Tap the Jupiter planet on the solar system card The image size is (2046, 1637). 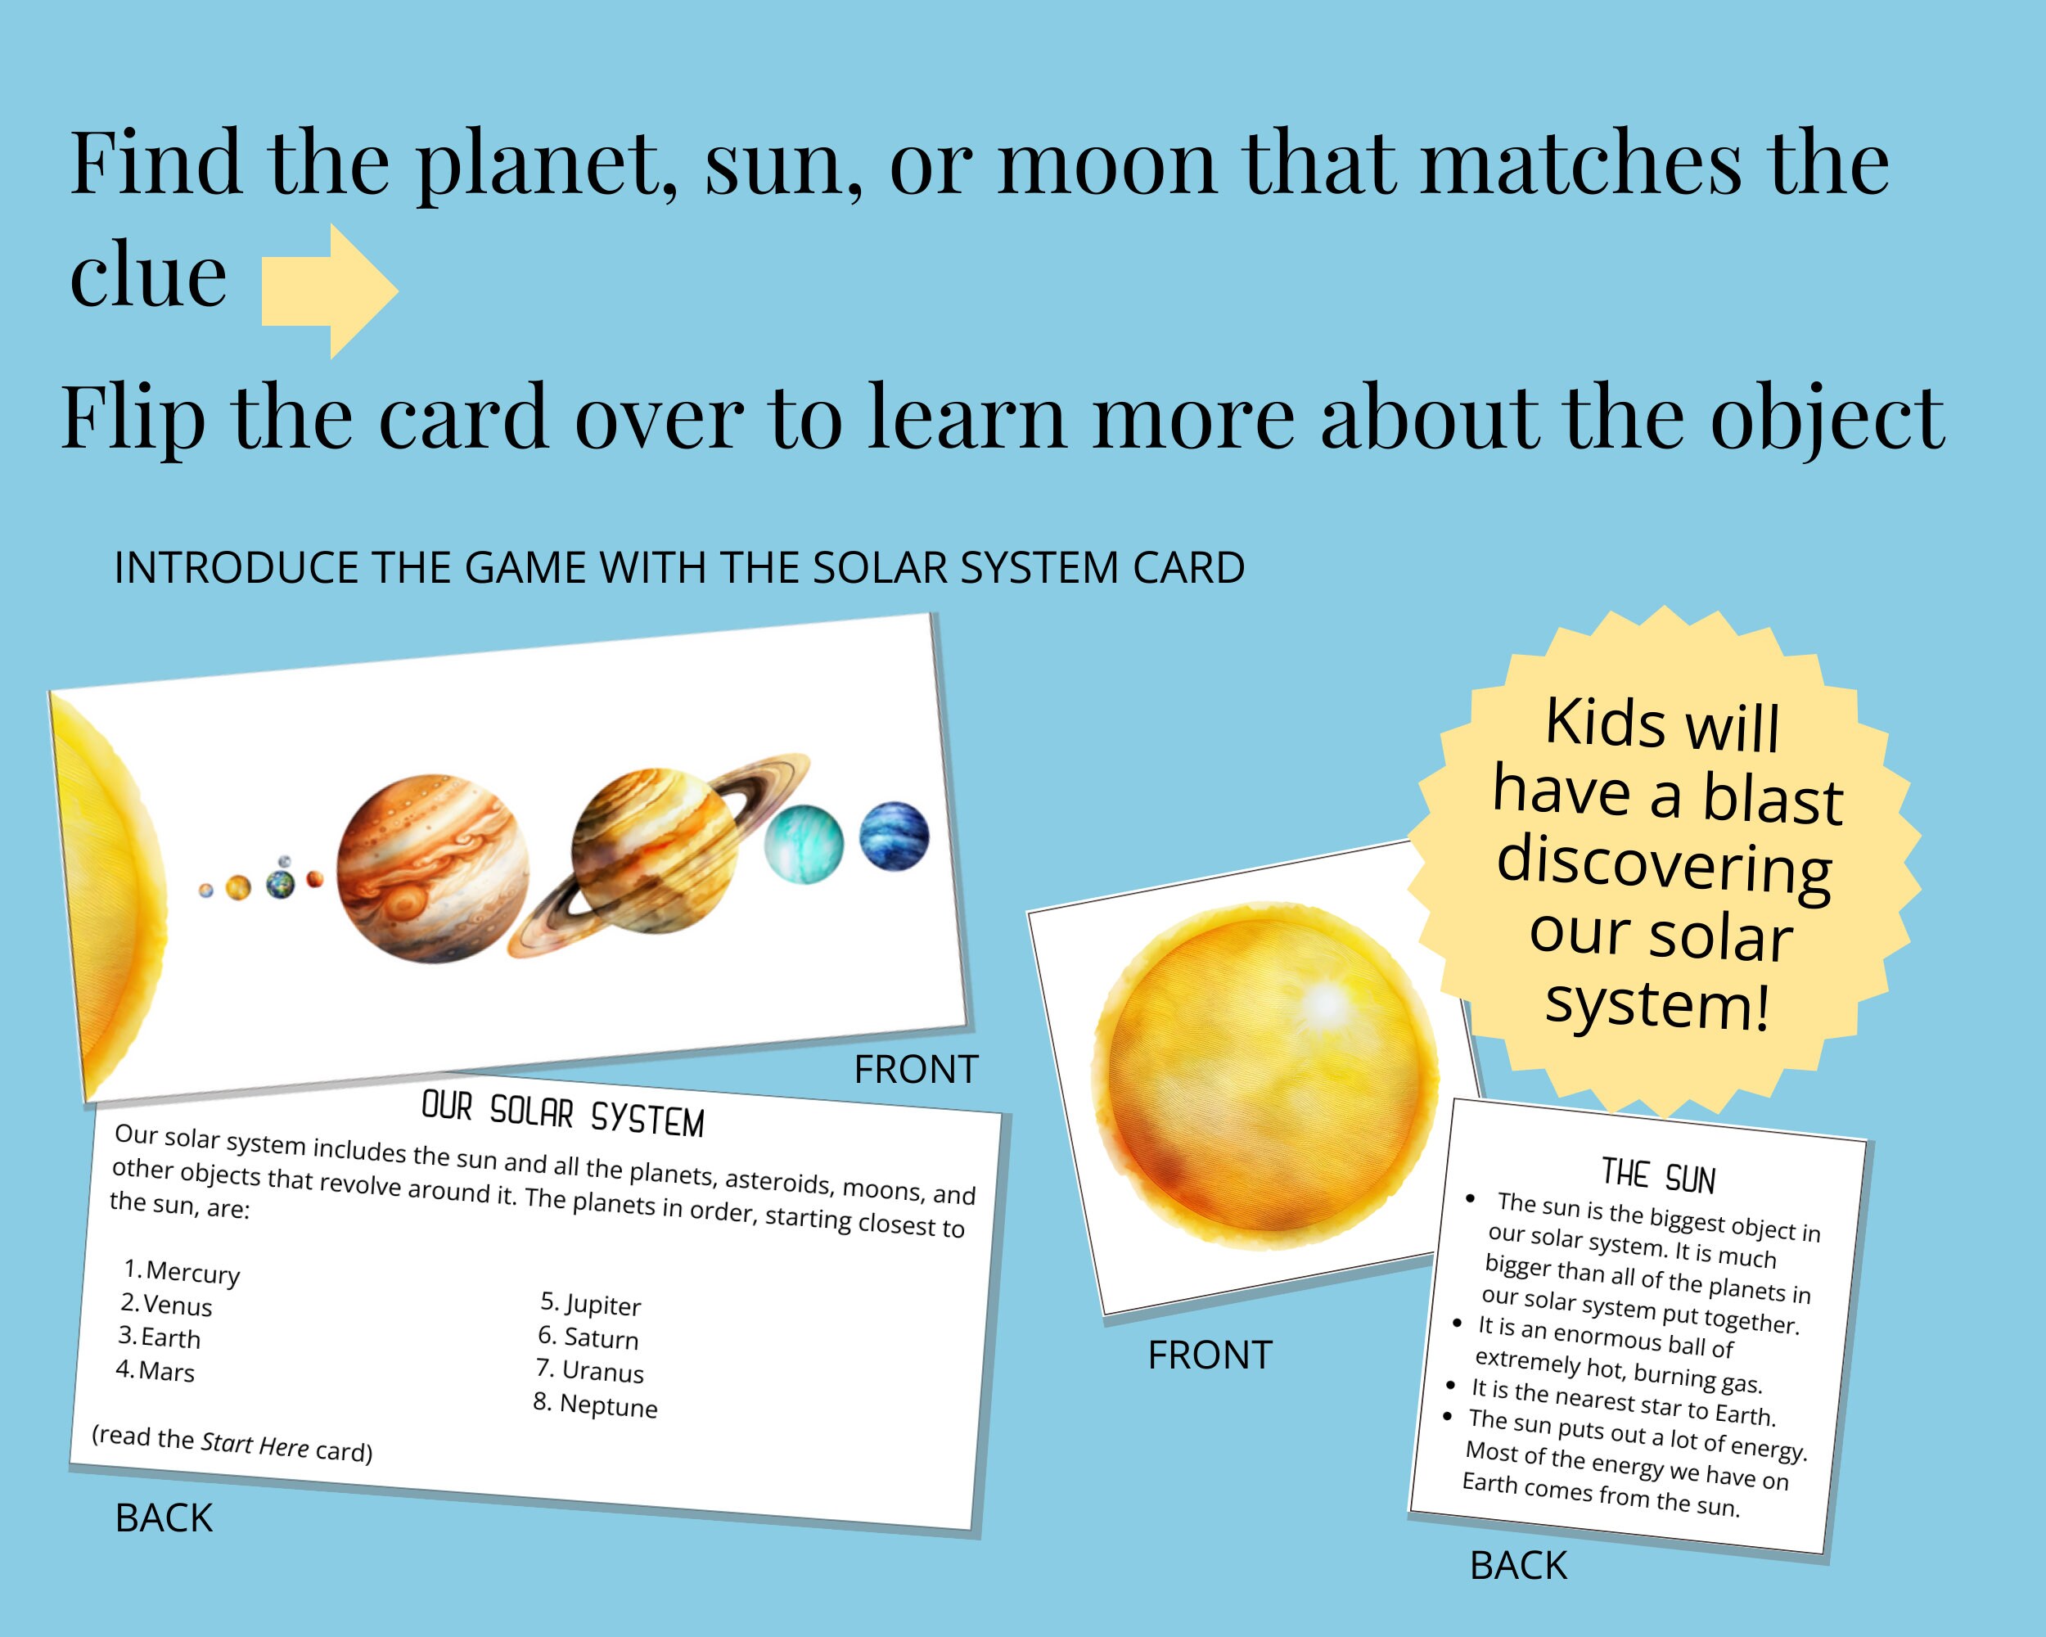(433, 868)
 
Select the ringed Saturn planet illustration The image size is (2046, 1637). (655, 851)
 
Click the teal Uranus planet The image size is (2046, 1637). (804, 844)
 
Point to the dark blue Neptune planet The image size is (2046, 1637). (894, 836)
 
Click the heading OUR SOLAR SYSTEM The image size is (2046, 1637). (563, 1113)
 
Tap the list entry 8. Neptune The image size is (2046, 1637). (595, 1405)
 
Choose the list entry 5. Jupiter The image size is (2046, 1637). (591, 1304)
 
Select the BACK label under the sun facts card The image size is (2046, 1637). (1518, 1566)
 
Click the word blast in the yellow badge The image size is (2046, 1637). (1772, 799)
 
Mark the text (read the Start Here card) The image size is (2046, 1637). (232, 1442)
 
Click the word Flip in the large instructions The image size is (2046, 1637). (133, 417)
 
